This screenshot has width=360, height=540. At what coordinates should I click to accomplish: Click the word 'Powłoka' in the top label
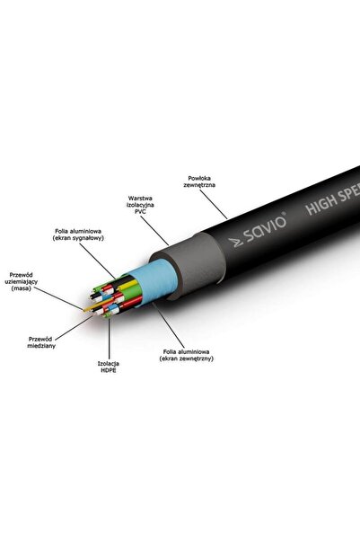click(199, 179)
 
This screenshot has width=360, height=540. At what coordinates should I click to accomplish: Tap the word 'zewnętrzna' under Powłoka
click(199, 185)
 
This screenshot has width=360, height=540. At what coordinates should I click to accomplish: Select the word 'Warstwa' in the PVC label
click(140, 199)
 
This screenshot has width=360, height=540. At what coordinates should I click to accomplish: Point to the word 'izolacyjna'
click(140, 205)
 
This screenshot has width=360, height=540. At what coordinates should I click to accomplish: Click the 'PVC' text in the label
click(140, 211)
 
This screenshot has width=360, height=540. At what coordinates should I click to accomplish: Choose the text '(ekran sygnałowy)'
click(78, 238)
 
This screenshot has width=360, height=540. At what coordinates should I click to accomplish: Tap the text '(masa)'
click(22, 288)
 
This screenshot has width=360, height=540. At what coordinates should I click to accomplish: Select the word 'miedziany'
click(41, 346)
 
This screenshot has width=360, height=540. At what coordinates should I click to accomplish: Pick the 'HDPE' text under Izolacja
click(109, 370)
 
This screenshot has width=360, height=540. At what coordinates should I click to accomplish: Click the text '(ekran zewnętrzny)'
click(186, 359)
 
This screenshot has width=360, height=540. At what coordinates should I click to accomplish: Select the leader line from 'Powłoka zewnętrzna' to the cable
click(214, 204)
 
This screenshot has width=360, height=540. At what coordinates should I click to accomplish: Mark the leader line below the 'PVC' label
click(154, 231)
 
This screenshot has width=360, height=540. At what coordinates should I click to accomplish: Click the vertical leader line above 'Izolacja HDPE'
click(110, 339)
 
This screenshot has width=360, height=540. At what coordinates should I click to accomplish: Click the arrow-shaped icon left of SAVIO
click(237, 243)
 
